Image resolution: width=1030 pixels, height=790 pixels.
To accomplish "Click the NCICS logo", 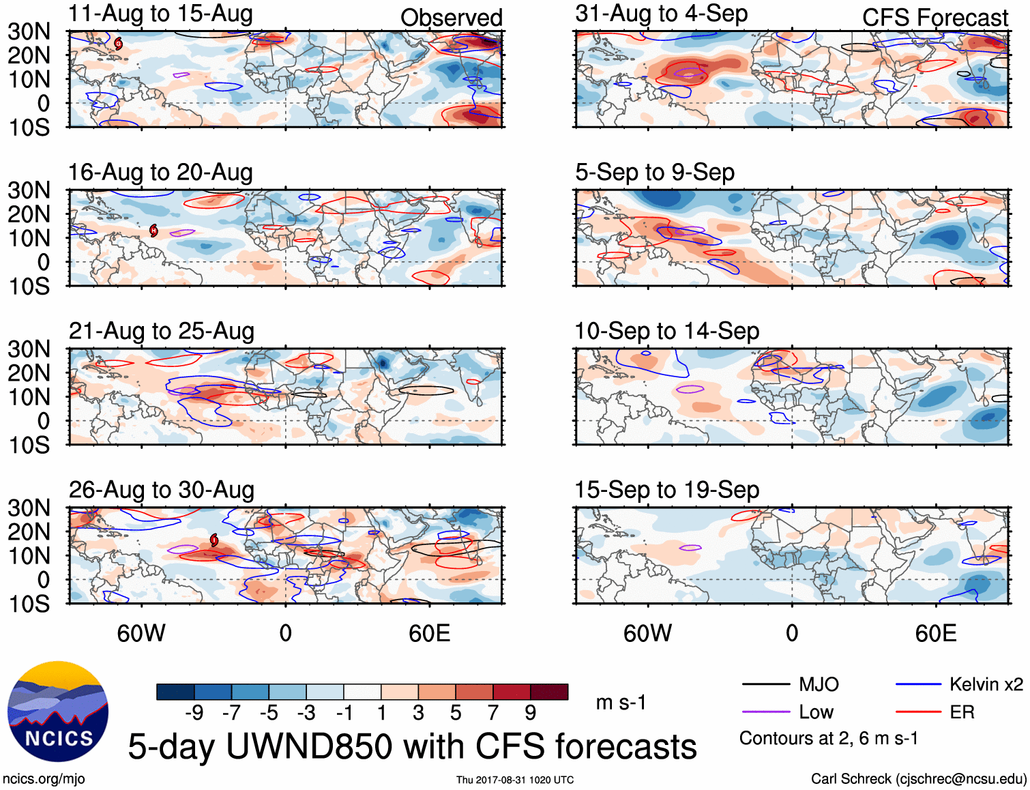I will click(x=58, y=712).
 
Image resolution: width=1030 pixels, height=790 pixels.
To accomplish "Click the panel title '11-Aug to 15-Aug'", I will click(x=160, y=14).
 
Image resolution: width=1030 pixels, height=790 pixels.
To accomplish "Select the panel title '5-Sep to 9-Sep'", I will click(x=655, y=173).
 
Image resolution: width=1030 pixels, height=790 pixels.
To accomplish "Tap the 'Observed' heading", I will click(x=451, y=18).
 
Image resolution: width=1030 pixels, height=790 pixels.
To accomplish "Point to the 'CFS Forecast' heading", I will click(x=935, y=18).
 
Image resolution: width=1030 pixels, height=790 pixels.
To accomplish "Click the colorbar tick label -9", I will click(x=194, y=713).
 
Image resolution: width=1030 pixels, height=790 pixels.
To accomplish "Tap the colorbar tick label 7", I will click(x=493, y=713).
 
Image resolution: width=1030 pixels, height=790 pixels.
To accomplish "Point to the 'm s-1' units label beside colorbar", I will click(x=621, y=703).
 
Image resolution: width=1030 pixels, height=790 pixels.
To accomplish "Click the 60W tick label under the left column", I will click(x=141, y=633).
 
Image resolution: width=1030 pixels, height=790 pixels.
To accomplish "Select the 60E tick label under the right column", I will click(x=936, y=633).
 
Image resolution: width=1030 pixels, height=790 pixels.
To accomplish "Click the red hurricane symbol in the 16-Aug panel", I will click(x=154, y=231).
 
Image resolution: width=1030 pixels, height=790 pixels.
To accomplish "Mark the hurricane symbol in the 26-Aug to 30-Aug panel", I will click(x=214, y=540).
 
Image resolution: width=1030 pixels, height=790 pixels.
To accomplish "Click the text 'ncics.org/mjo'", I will click(x=44, y=779).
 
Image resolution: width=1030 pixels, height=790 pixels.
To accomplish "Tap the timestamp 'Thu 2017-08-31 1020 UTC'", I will click(x=515, y=780).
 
